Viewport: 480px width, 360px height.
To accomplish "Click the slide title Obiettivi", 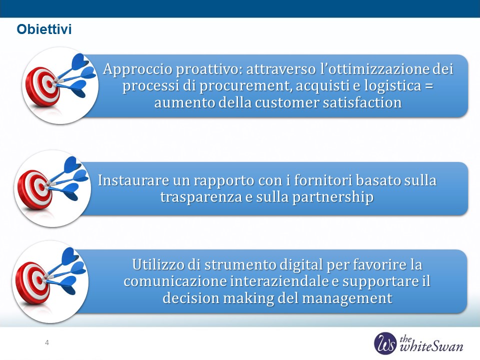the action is tap(44, 29).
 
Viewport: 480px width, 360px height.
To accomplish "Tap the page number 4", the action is tap(47, 342).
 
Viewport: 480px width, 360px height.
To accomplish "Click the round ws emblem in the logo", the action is tap(385, 343).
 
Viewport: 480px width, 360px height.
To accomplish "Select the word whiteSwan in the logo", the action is tap(431, 346).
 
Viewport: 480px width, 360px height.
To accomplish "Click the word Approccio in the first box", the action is tap(138, 69).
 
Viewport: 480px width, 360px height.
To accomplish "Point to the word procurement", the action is tap(245, 85).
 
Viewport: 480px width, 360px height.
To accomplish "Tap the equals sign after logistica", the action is tap(429, 85).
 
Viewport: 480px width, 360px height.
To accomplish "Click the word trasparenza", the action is tap(201, 197).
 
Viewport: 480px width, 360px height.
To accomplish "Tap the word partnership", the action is tap(333, 197).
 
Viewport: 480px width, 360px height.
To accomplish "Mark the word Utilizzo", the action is tap(158, 264).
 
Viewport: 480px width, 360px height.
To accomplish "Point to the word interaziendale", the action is tap(279, 281).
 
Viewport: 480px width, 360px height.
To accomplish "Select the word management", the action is tap(347, 298).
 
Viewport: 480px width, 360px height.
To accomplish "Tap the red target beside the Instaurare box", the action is tap(34, 190).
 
